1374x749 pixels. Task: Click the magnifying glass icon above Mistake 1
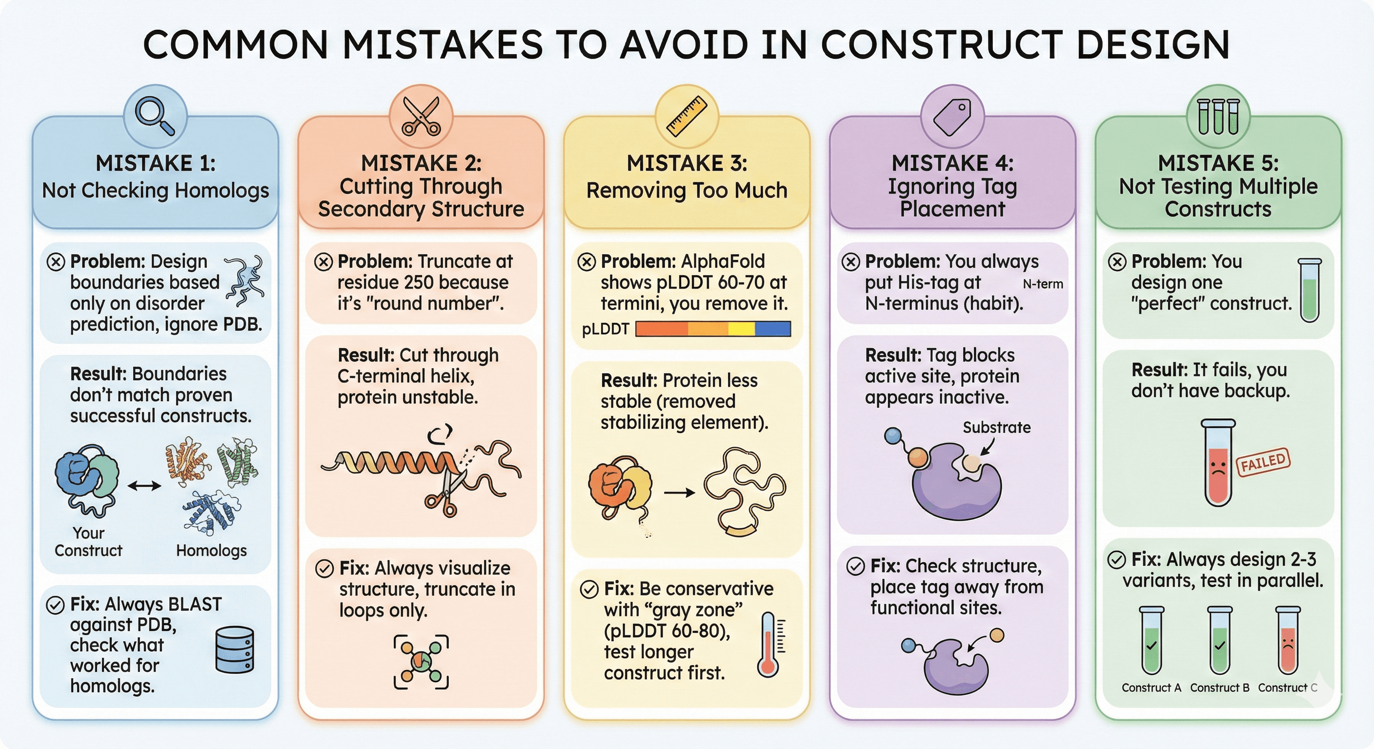tap(154, 116)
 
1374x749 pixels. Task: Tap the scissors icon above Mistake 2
tap(422, 116)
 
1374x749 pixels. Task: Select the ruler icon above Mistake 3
tap(687, 116)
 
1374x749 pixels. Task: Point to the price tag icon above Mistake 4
tap(952, 117)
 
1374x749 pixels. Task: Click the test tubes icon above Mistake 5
tap(1218, 116)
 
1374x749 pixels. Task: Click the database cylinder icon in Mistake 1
tap(235, 650)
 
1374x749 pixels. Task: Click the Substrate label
tap(996, 427)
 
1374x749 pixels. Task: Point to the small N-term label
tap(1043, 284)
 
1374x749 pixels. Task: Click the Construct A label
tap(1151, 688)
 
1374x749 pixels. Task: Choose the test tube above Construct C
tap(1288, 640)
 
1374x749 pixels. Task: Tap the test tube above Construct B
tap(1220, 640)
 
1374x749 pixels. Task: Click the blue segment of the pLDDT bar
tap(773, 328)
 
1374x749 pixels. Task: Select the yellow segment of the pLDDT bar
tap(742, 328)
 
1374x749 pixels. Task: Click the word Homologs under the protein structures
tap(211, 550)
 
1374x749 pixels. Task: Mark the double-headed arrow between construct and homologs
tap(144, 486)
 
